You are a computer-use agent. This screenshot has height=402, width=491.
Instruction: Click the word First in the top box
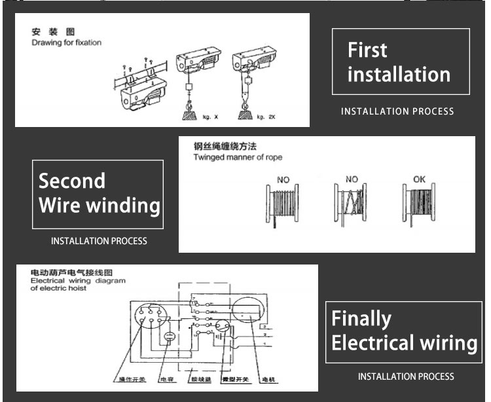coord(367,50)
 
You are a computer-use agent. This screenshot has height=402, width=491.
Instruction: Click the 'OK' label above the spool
coord(420,179)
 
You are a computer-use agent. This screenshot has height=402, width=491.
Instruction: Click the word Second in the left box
coord(72,181)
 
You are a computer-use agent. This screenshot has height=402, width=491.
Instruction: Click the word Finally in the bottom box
coord(361,319)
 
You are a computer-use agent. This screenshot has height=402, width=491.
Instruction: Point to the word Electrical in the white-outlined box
coord(373,343)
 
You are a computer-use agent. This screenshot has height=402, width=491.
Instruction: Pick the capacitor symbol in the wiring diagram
coord(169,337)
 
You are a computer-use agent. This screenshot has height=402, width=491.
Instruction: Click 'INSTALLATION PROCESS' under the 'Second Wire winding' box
coord(99,241)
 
